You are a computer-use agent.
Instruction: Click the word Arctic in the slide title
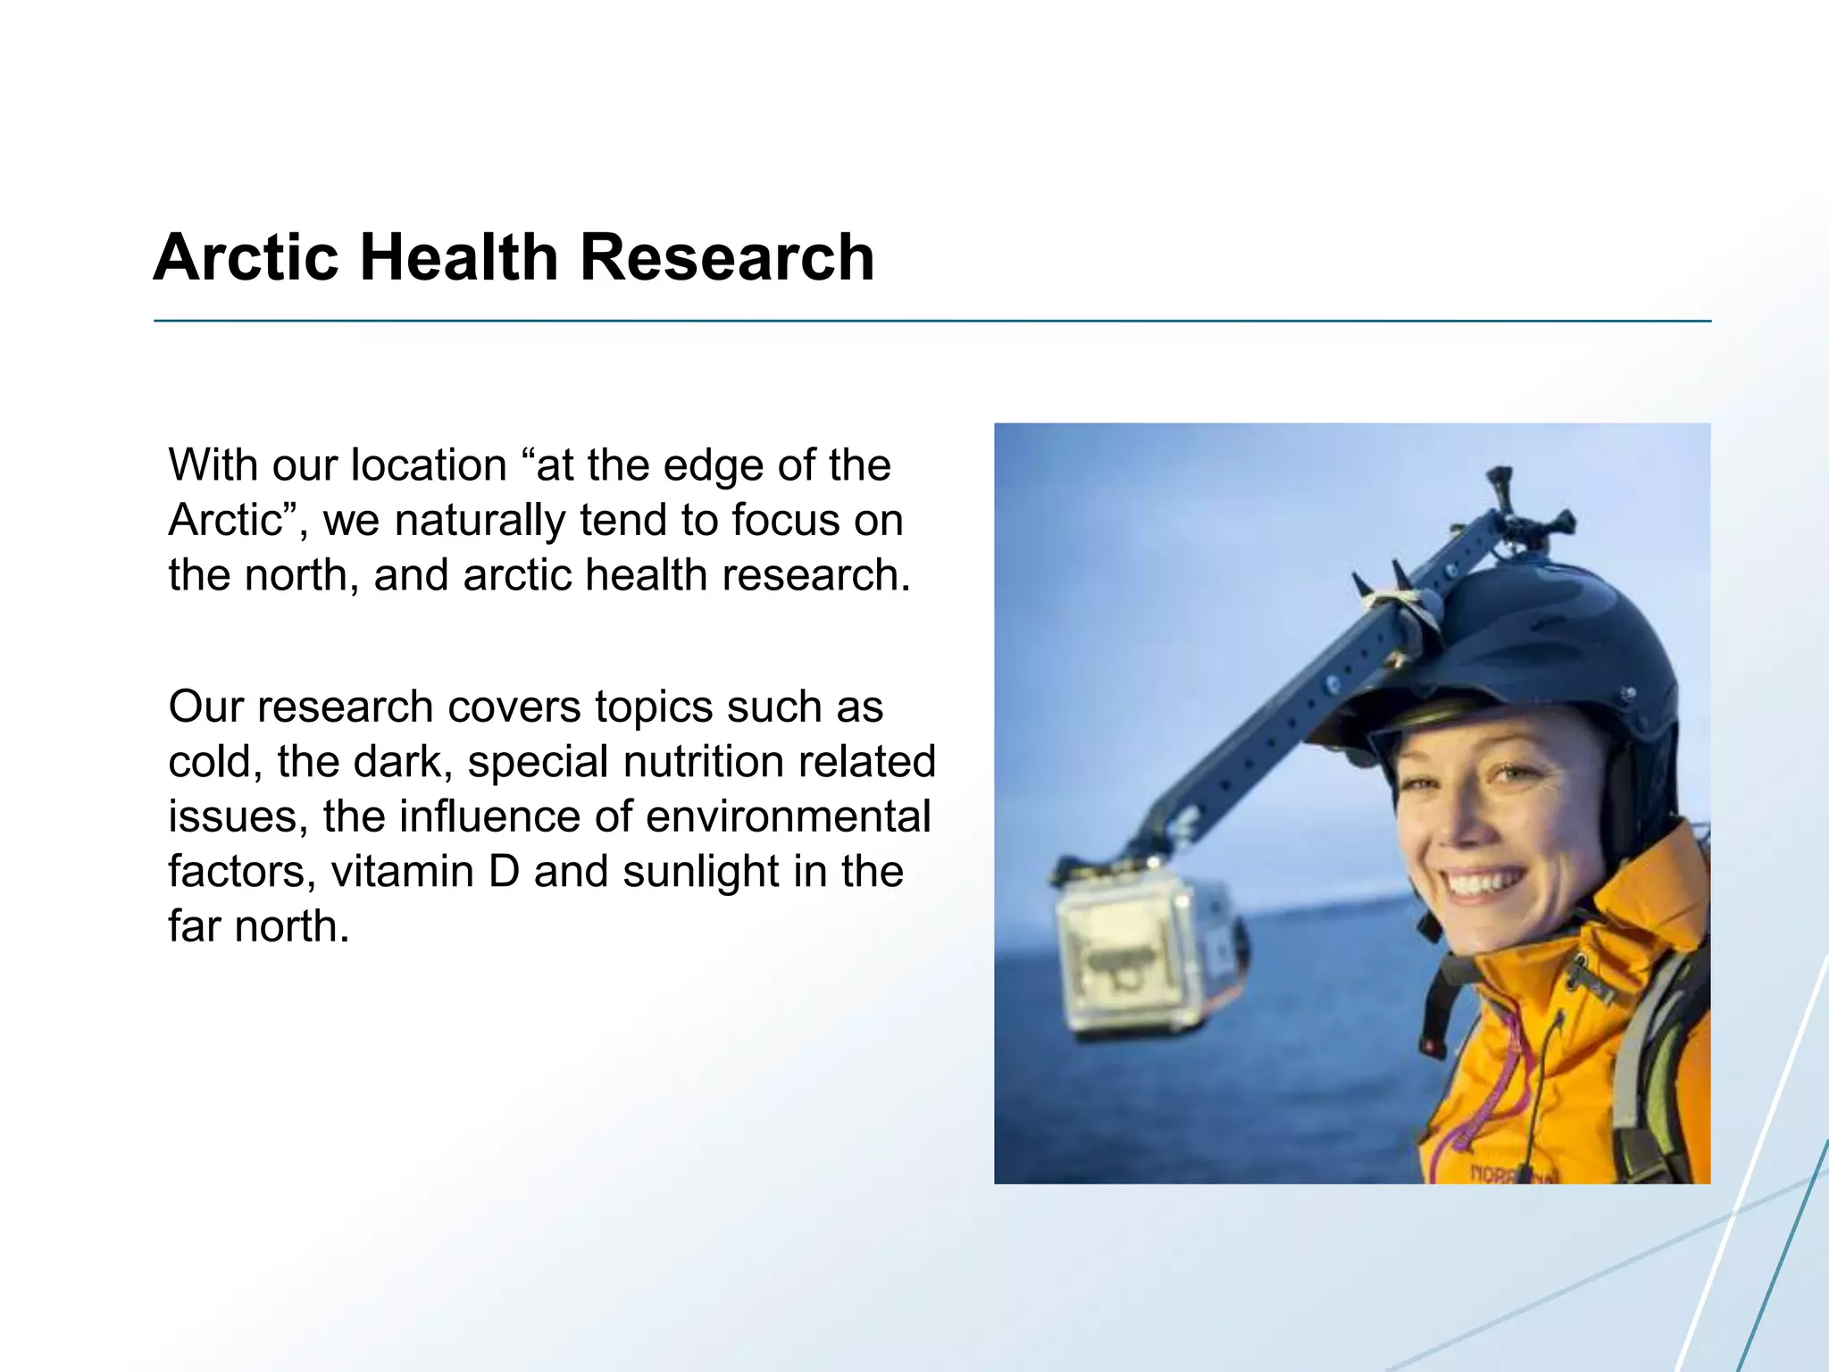tap(246, 258)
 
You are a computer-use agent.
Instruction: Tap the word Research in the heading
tap(727, 258)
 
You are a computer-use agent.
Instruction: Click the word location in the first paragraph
tap(429, 465)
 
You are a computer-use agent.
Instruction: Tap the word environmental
tap(788, 816)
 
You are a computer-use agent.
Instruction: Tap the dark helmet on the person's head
tap(1536, 643)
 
